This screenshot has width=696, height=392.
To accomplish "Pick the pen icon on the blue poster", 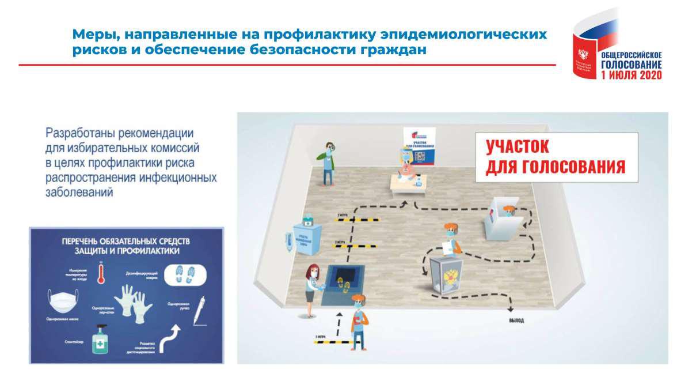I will [x=198, y=311].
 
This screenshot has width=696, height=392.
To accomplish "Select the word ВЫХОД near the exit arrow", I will [x=516, y=321].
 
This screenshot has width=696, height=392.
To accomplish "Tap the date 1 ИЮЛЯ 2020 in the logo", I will [x=631, y=75].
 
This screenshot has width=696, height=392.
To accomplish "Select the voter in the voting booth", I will [x=507, y=214].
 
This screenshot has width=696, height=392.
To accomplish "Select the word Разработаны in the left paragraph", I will [x=80, y=133].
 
